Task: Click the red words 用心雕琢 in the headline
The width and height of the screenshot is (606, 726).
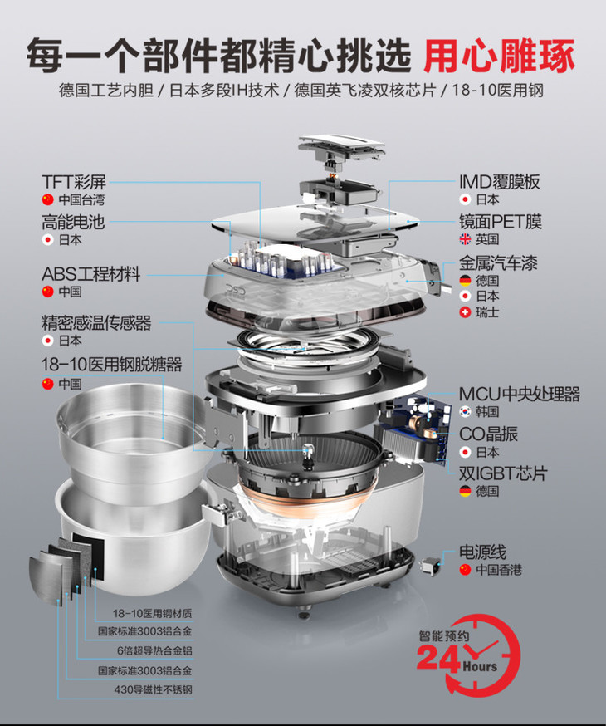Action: (500, 56)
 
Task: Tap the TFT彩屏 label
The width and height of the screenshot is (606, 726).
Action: (74, 182)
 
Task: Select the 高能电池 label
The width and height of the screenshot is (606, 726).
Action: (73, 223)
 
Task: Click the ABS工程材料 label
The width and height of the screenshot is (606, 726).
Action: (90, 274)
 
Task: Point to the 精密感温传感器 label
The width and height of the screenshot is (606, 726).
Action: (96, 323)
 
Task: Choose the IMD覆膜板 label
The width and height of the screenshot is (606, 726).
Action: (499, 182)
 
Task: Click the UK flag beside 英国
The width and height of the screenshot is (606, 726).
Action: (465, 239)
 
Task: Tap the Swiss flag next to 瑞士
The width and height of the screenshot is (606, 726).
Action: (465, 312)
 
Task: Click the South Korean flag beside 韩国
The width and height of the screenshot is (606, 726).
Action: (465, 411)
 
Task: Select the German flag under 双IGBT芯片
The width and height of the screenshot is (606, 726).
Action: (465, 491)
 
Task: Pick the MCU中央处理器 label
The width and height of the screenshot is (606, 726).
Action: (519, 394)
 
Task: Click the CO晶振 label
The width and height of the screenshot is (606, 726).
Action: (488, 434)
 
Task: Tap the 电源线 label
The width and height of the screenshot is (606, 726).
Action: (482, 552)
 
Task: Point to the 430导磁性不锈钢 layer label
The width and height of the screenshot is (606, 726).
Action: (153, 690)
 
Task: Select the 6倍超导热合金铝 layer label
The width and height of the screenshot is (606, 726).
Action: (154, 650)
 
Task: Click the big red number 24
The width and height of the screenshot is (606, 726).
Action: (437, 658)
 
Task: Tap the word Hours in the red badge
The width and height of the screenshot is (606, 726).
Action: (480, 667)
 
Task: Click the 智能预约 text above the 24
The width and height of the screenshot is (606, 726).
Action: (444, 636)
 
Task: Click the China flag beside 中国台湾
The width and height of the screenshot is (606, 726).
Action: (47, 199)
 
